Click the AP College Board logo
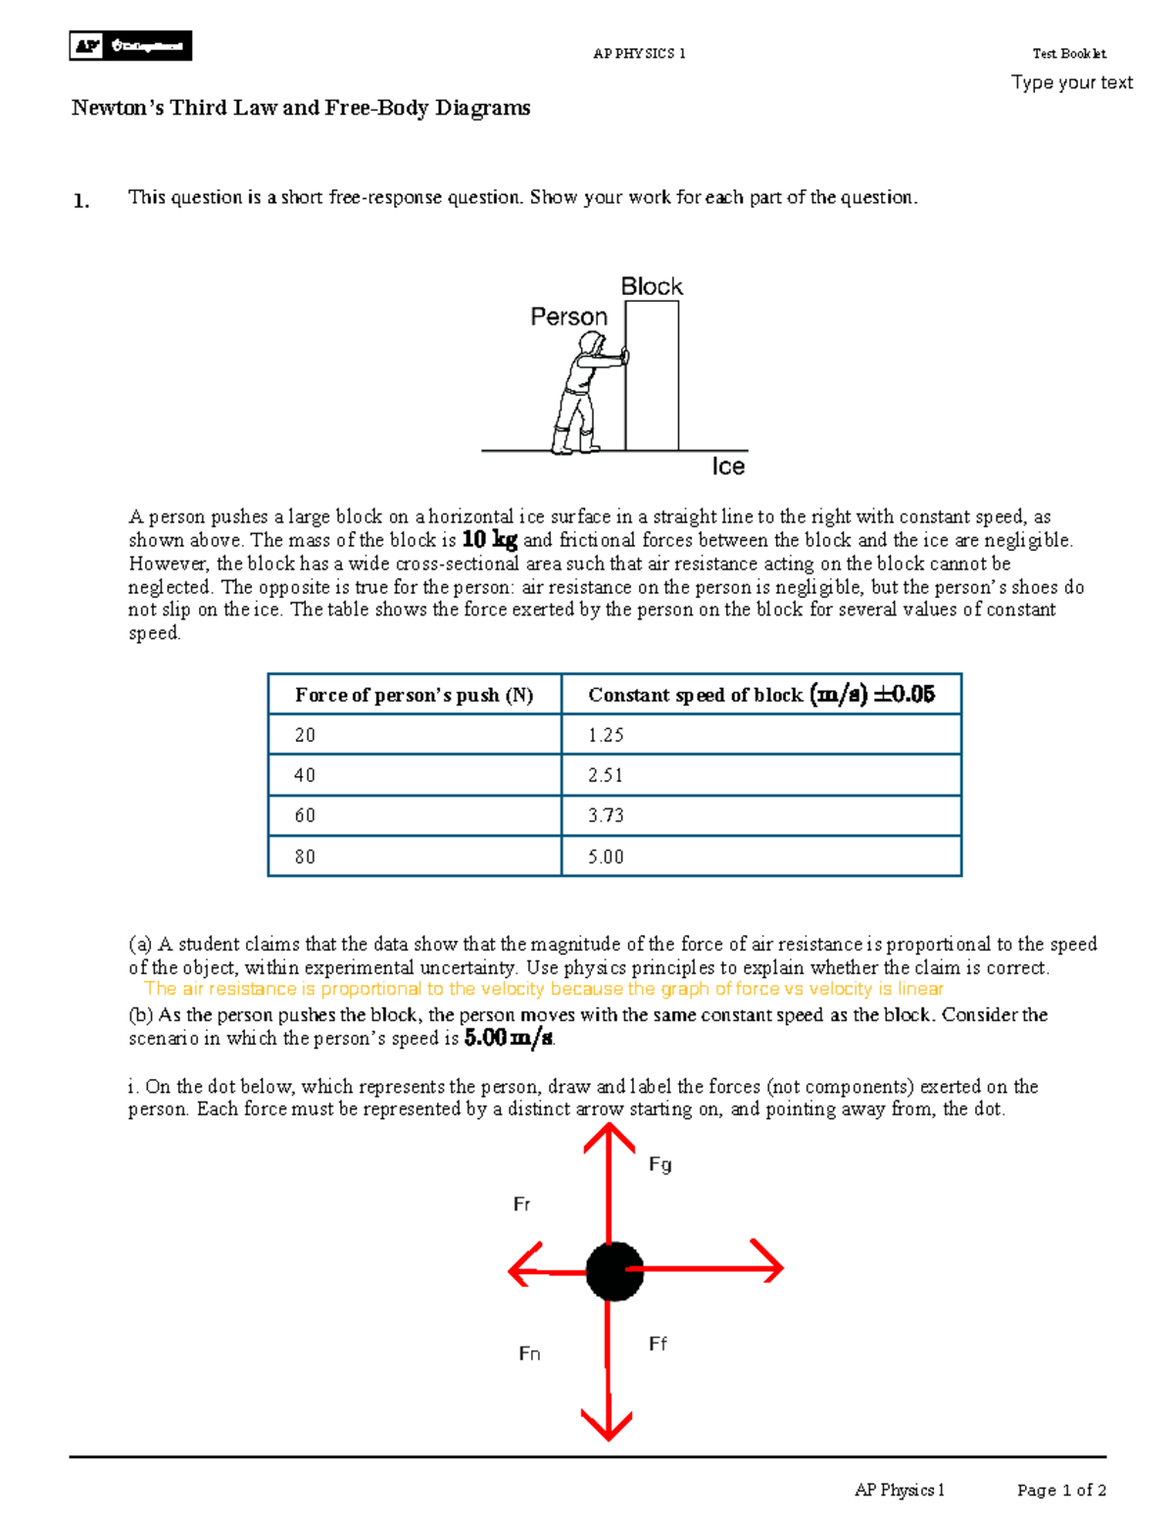(x=130, y=46)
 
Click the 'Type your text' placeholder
(x=1071, y=82)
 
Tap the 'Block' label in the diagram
(x=652, y=286)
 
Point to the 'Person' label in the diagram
(x=568, y=317)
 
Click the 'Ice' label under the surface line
(x=728, y=466)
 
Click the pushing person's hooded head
(x=591, y=345)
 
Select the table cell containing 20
(x=415, y=735)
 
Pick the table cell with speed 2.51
(x=760, y=775)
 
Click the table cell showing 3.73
(x=760, y=815)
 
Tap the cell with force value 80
(x=415, y=857)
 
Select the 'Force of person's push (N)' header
(x=415, y=695)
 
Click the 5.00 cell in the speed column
(x=760, y=857)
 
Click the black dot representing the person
(x=614, y=1271)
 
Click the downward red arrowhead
(x=608, y=1424)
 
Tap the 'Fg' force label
(x=661, y=1164)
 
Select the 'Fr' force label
(x=521, y=1204)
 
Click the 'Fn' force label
(x=529, y=1353)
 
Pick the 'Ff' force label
(x=658, y=1344)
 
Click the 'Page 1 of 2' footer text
(x=1061, y=1490)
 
